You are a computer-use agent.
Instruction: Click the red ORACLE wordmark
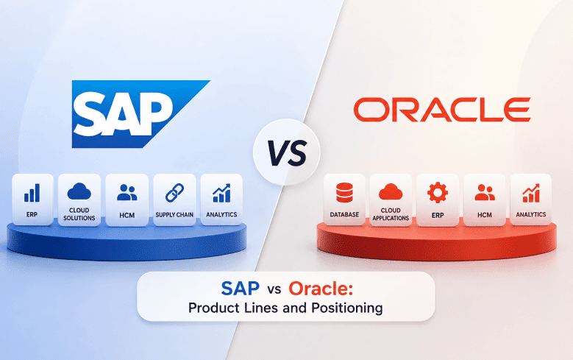442,110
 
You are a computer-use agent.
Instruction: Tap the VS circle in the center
287,152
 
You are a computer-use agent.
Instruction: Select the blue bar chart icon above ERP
32,193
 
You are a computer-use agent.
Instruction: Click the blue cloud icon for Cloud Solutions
79,191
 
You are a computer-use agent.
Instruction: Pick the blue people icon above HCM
127,192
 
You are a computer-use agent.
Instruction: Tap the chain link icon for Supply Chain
174,193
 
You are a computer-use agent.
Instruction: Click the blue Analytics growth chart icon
221,193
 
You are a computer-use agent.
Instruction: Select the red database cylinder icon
344,192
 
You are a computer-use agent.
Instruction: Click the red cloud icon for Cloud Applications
391,191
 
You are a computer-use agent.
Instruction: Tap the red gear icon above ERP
438,193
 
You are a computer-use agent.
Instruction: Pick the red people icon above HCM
485,192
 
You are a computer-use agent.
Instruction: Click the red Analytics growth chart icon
531,193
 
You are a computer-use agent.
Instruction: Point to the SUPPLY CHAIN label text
174,215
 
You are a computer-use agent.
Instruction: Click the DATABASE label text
344,215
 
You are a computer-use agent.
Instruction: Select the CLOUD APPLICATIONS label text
391,214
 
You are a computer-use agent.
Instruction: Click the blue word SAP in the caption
240,289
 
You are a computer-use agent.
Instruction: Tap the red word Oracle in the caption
321,289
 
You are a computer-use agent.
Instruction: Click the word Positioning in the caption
347,308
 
